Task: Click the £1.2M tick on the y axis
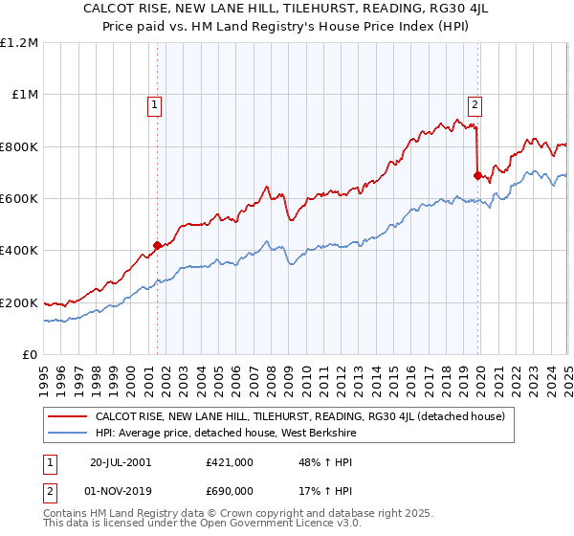19,43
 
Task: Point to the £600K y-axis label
19,199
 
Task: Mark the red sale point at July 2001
158,245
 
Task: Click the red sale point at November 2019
478,175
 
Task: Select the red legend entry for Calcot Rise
304,416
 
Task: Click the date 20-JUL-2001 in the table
121,461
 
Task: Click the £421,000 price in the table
229,461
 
